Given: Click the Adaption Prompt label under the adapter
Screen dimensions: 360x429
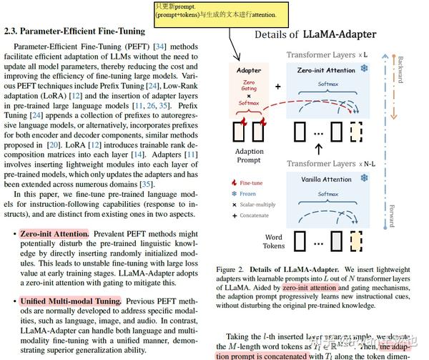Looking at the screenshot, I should [x=249, y=156].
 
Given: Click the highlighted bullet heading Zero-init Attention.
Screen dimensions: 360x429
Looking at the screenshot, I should [x=54, y=234].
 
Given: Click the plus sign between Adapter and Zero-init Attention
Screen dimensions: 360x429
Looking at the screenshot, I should [x=277, y=87].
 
